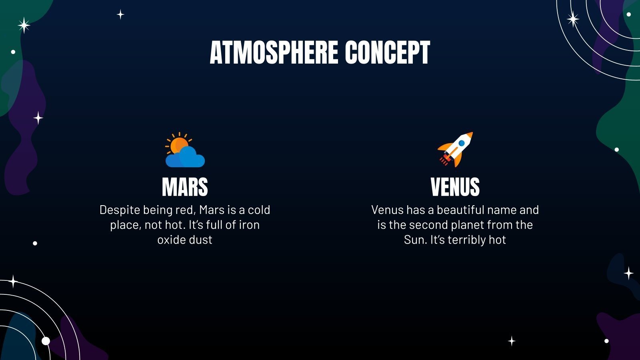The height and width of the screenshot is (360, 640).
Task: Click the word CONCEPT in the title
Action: point(387,53)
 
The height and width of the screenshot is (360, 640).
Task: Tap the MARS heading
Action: point(185,187)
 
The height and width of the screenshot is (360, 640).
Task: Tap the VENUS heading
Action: point(455,187)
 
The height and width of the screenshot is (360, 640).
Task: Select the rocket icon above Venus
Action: point(455,149)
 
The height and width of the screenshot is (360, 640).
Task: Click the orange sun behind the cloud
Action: point(178,145)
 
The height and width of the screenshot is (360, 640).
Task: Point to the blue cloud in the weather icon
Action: point(186,158)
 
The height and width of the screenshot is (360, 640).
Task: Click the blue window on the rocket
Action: point(462,143)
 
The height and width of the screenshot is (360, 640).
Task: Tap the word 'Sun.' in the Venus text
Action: point(415,240)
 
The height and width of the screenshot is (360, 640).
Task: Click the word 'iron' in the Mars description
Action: point(249,225)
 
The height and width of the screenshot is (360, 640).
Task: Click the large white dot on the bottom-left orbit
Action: point(46,341)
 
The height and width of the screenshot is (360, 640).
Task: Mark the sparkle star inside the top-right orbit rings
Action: point(573,19)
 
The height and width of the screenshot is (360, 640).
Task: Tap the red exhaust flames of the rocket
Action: point(444,161)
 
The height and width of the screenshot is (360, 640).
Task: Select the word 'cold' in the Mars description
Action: point(259,210)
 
